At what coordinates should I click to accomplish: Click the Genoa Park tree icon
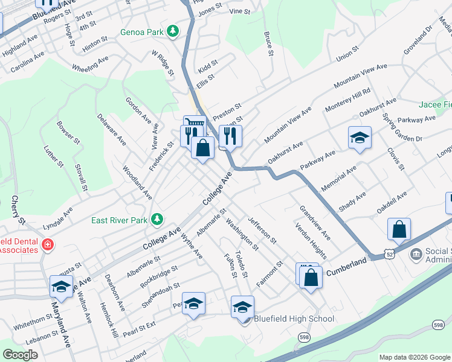click(173, 31)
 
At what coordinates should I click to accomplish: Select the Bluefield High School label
click(294, 319)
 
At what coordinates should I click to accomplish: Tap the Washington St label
click(242, 235)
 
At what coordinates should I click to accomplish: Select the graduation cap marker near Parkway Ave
click(360, 138)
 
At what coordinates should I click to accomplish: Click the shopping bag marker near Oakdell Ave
click(399, 230)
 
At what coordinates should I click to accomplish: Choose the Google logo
click(20, 354)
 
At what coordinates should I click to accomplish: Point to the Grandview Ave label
click(314, 221)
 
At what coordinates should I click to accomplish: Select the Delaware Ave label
click(111, 130)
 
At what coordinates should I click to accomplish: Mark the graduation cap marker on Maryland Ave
click(61, 287)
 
